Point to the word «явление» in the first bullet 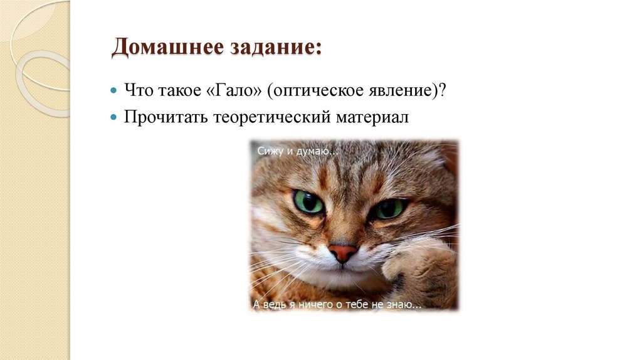[399, 90]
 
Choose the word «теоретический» [264, 117]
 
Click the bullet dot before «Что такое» [113, 90]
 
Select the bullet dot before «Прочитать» [113, 117]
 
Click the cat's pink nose [343, 252]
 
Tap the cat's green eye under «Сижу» [308, 202]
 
